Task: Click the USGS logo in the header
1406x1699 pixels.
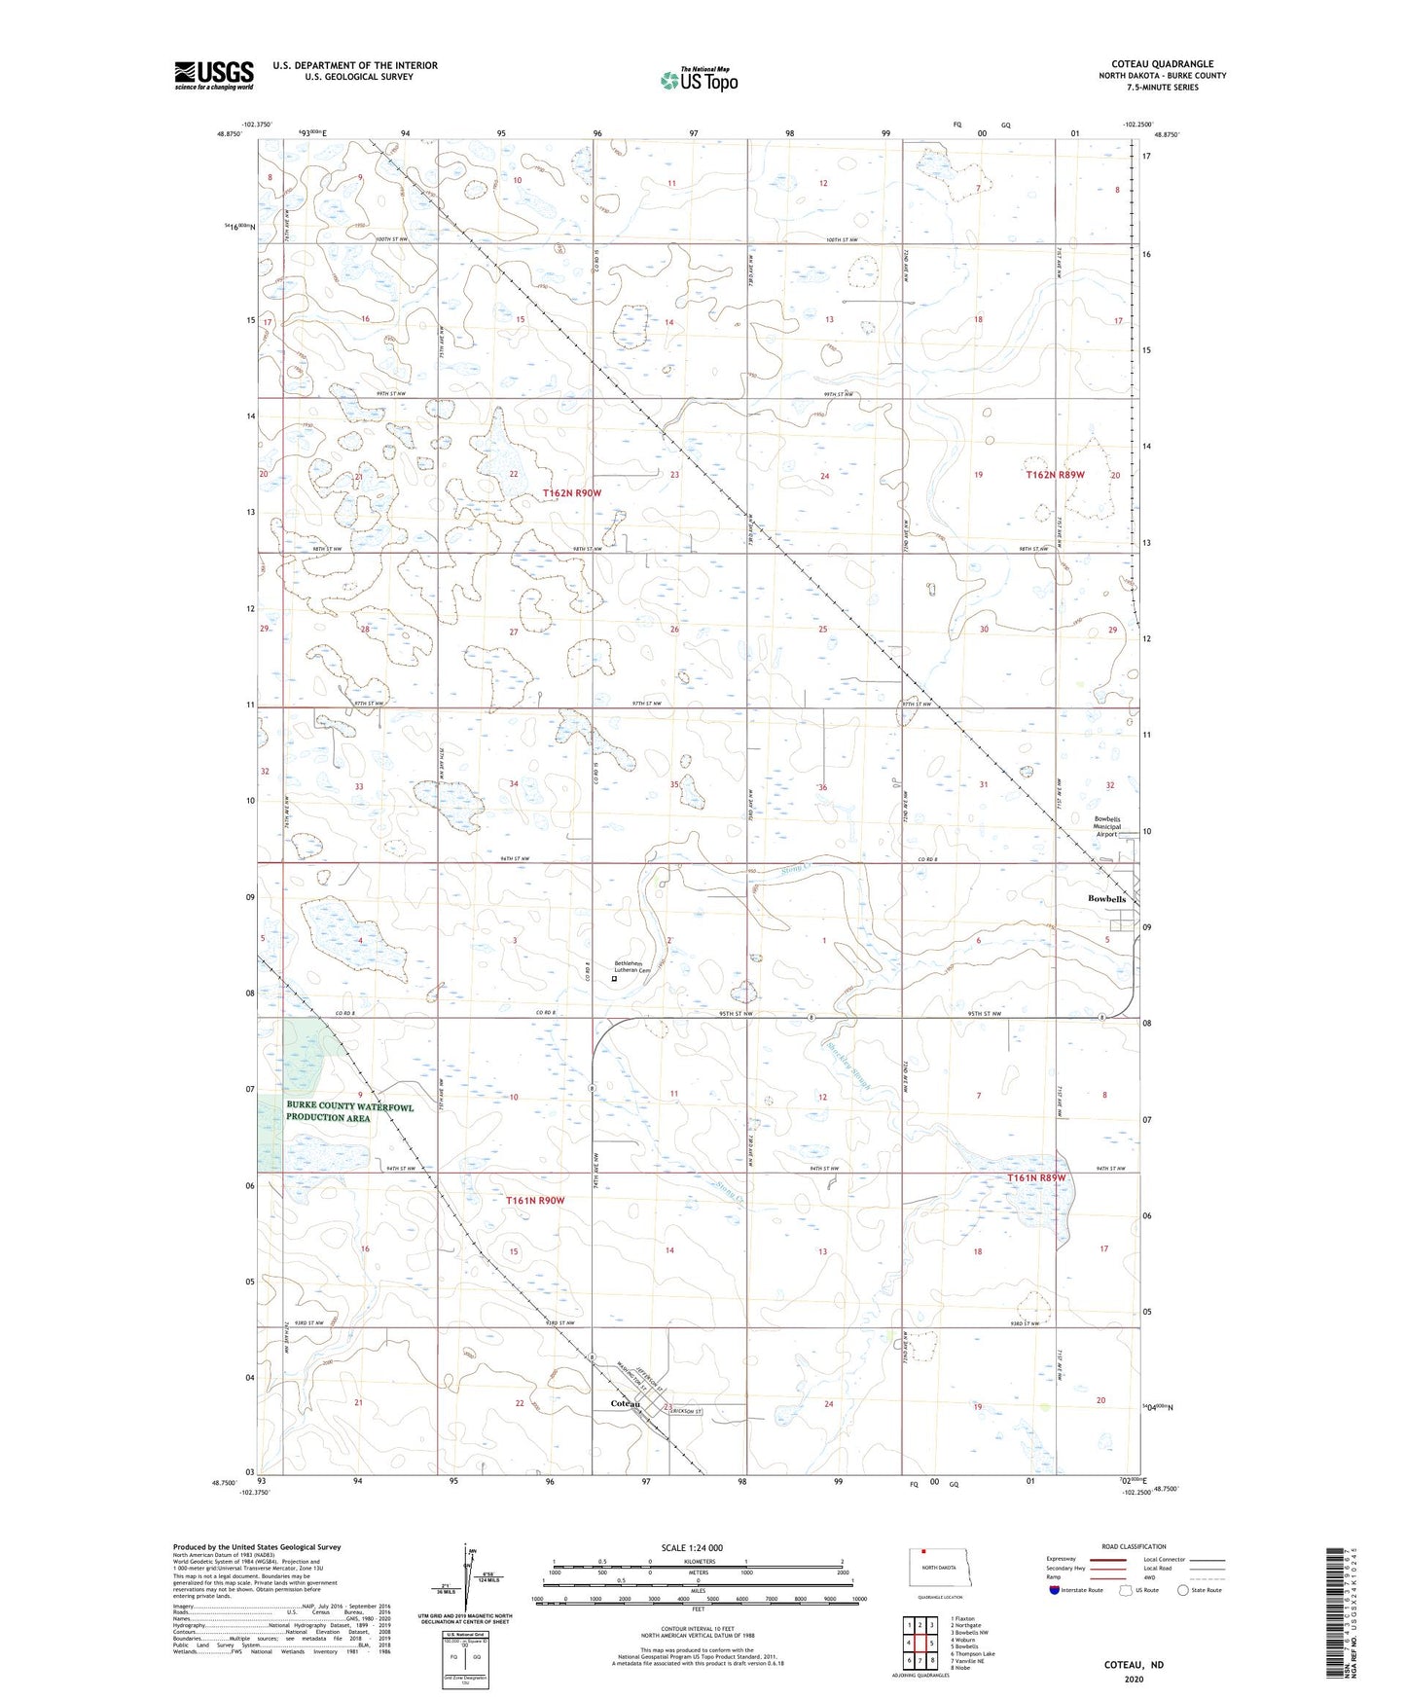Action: pos(214,75)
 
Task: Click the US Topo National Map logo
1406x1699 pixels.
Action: pos(699,80)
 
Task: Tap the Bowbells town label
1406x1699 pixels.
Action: pos(1106,899)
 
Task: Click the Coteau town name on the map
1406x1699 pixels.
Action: pos(625,1404)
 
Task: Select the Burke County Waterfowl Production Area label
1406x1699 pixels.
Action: pos(349,1112)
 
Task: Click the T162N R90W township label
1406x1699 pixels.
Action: pos(572,493)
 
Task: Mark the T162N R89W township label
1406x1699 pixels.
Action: pos(1055,475)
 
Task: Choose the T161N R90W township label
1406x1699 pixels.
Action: pos(535,1201)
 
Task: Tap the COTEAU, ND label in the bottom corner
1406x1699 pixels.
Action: pos(1134,1665)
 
